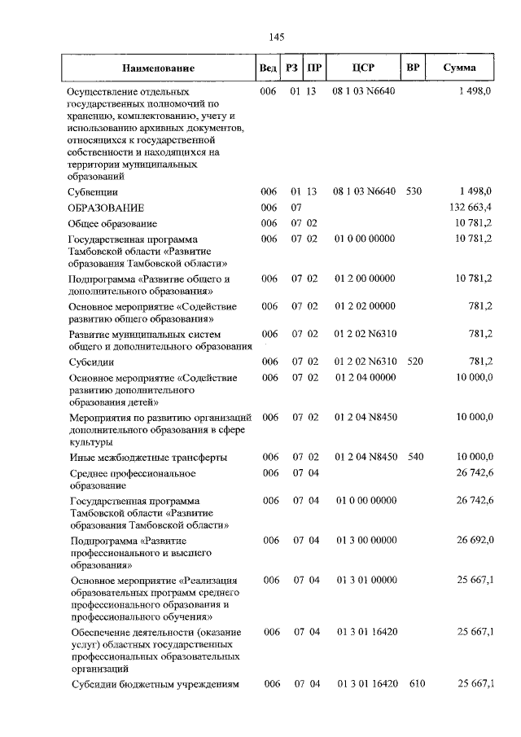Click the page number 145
click(274, 37)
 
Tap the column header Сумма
click(460, 68)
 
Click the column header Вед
click(267, 68)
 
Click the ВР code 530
click(414, 191)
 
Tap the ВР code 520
click(414, 361)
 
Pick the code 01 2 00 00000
click(365, 279)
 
